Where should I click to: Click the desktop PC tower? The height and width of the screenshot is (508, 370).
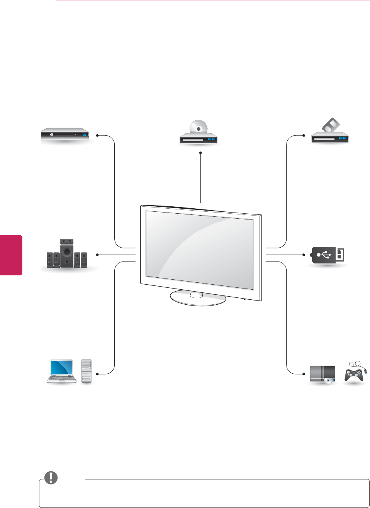(87, 371)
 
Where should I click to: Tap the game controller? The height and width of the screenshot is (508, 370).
(355, 373)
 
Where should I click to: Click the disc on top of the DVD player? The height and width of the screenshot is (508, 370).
(198, 127)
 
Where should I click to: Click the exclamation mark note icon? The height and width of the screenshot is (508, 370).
(51, 478)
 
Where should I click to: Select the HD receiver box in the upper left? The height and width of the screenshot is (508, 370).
(65, 135)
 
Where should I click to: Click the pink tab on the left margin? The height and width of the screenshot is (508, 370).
(11, 255)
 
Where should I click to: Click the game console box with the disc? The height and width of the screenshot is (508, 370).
(322, 374)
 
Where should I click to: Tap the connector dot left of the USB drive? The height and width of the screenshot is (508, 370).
(304, 255)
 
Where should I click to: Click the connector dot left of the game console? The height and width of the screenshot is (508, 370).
(304, 374)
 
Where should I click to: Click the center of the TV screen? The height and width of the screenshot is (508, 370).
(199, 250)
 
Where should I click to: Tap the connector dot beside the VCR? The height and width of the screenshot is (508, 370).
(304, 135)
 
